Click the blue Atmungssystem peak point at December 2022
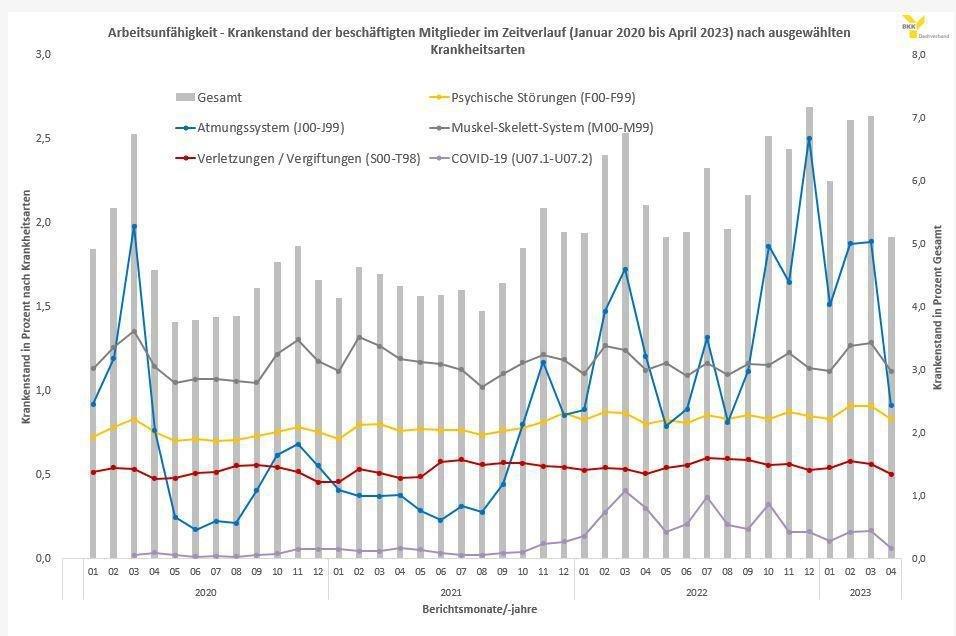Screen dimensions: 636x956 coord(809,139)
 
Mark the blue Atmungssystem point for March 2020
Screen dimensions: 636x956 coord(134,226)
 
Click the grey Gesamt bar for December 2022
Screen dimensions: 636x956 coord(809,330)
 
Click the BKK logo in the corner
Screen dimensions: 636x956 coord(912,24)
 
